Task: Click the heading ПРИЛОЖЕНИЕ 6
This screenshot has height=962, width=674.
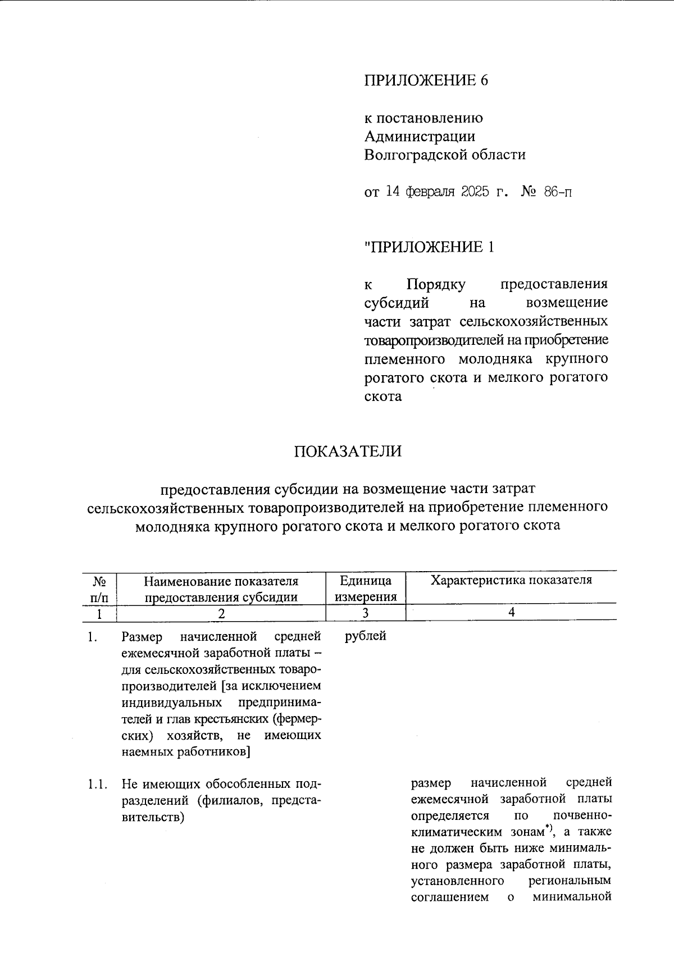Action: [x=426, y=80]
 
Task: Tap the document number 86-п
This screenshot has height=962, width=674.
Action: [x=558, y=192]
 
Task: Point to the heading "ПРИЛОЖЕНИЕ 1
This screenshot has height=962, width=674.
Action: [x=429, y=247]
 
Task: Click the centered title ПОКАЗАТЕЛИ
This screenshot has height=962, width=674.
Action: [x=348, y=451]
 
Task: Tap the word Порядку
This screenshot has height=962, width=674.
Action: [x=435, y=285]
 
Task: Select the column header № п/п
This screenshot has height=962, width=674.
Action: [x=99, y=589]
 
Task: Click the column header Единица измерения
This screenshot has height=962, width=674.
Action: [x=366, y=589]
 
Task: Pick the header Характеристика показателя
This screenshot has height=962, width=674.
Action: [x=511, y=580]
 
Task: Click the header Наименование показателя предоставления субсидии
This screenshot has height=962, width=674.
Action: [x=221, y=589]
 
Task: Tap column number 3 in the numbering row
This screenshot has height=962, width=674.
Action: [x=365, y=613]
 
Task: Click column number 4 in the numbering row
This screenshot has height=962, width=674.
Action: [x=511, y=613]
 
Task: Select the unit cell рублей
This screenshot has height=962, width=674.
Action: [x=365, y=636]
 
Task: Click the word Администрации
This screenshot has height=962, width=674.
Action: [x=420, y=136]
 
